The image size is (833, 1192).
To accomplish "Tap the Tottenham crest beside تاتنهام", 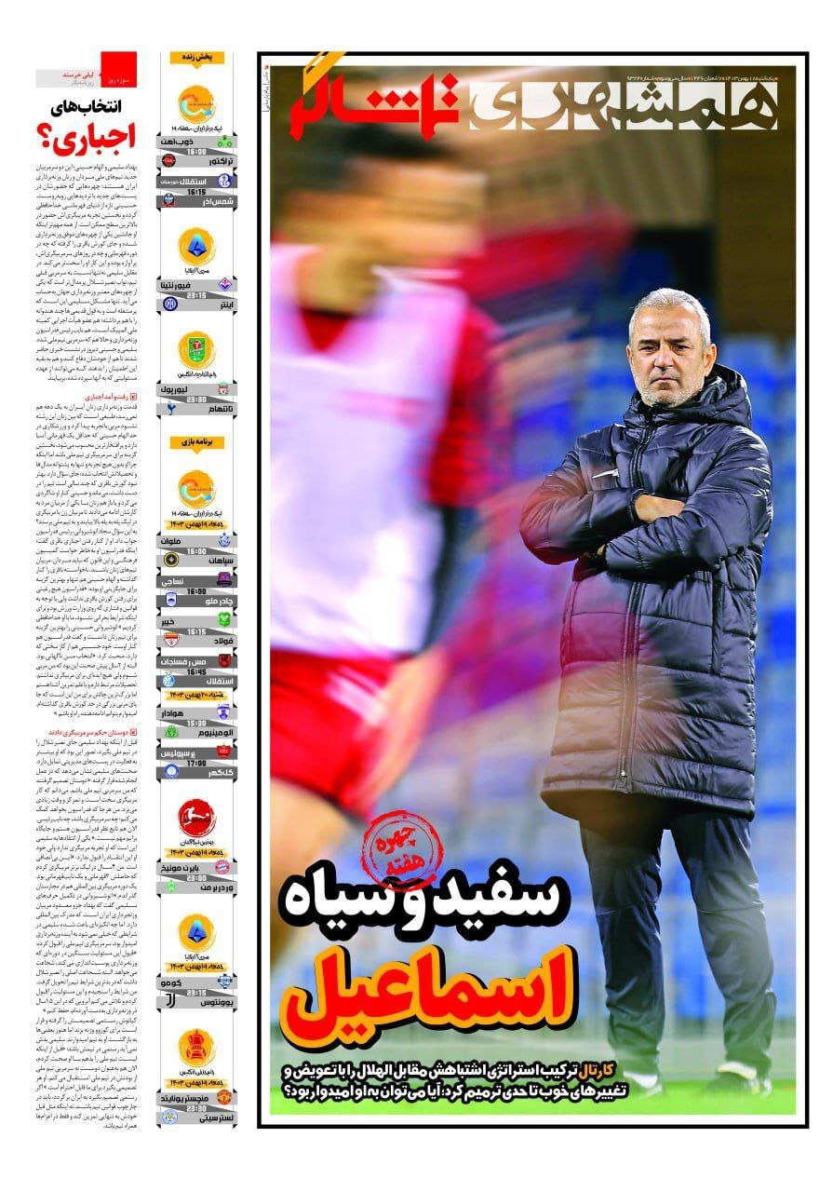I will (170, 407).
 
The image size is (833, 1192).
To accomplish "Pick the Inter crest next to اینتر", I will (170, 304).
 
